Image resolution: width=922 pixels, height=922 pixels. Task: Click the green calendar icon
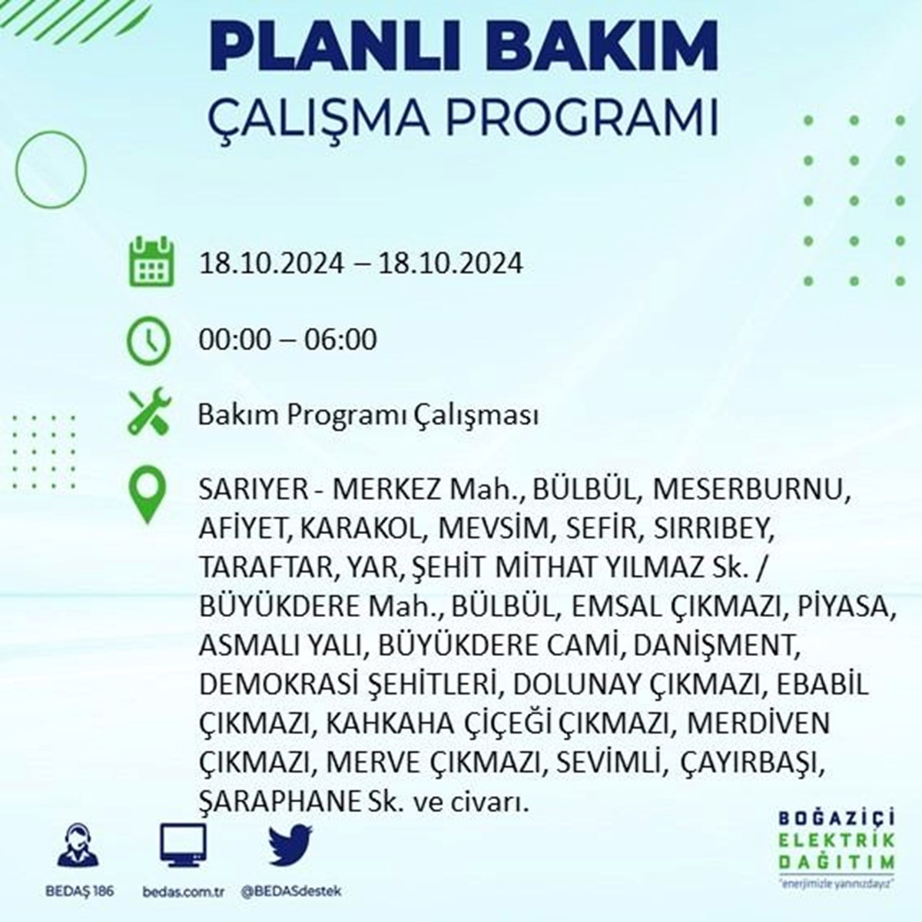151,261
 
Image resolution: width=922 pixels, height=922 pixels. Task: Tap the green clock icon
148,340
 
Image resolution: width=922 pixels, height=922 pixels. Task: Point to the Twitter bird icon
290,844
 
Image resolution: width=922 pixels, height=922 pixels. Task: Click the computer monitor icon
184,845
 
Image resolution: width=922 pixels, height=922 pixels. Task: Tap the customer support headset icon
78,845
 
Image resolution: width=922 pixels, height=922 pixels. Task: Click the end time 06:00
340,340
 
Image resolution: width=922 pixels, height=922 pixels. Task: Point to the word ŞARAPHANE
279,801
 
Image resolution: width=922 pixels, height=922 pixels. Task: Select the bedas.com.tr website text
184,891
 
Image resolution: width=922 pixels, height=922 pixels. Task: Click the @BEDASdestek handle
290,891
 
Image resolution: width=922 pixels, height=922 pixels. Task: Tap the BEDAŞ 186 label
79,891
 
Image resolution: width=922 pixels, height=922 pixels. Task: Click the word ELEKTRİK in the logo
837,841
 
